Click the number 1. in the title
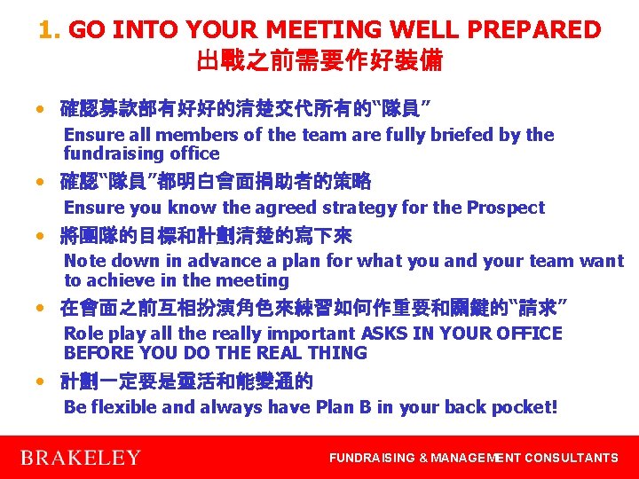click(50, 30)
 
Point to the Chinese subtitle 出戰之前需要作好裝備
click(319, 61)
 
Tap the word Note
click(85, 261)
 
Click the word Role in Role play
click(83, 334)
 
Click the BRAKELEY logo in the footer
click(80, 458)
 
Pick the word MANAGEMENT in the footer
click(476, 458)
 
